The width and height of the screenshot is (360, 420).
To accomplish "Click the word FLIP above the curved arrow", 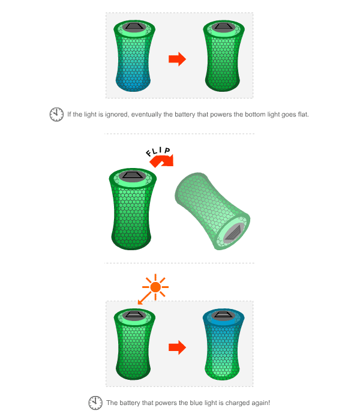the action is [x=158, y=151].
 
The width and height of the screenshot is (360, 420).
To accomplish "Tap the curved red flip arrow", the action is [x=162, y=161].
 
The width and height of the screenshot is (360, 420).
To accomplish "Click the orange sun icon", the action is [x=155, y=287].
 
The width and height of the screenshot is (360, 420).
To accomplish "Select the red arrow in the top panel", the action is [x=177, y=59].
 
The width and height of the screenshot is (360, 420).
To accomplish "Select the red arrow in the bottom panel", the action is [x=177, y=347].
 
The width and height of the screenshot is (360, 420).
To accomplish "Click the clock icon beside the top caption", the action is [x=56, y=115].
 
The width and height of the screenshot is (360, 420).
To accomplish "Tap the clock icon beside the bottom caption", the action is [x=95, y=403].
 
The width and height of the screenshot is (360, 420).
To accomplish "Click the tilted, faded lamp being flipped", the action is [x=212, y=212].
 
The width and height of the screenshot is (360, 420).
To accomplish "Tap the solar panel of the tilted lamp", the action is [x=233, y=233].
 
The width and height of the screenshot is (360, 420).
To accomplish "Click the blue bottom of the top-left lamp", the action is [x=133, y=82].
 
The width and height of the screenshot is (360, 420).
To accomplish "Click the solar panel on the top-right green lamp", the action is [x=223, y=26].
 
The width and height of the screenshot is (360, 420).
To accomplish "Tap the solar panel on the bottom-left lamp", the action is [x=134, y=315].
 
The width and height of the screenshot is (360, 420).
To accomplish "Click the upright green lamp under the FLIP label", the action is [x=133, y=209].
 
